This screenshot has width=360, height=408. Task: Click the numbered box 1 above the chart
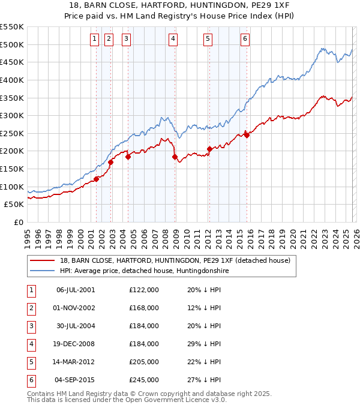tap(95, 40)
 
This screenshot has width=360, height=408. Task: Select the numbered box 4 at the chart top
tap(173, 40)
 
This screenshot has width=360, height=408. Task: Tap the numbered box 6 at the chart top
tap(245, 40)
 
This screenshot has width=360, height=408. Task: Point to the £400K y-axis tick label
tap(11, 80)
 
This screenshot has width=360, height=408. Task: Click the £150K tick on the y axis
tap(11, 169)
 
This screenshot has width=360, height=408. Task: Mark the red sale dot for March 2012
tap(209, 149)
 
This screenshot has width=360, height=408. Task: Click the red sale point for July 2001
tap(96, 179)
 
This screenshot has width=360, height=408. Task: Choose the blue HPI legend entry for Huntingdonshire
tap(144, 271)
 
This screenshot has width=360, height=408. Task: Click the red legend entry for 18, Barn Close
tap(175, 260)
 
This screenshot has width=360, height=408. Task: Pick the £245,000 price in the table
tap(144, 380)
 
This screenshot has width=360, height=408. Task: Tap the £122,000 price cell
tap(144, 290)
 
